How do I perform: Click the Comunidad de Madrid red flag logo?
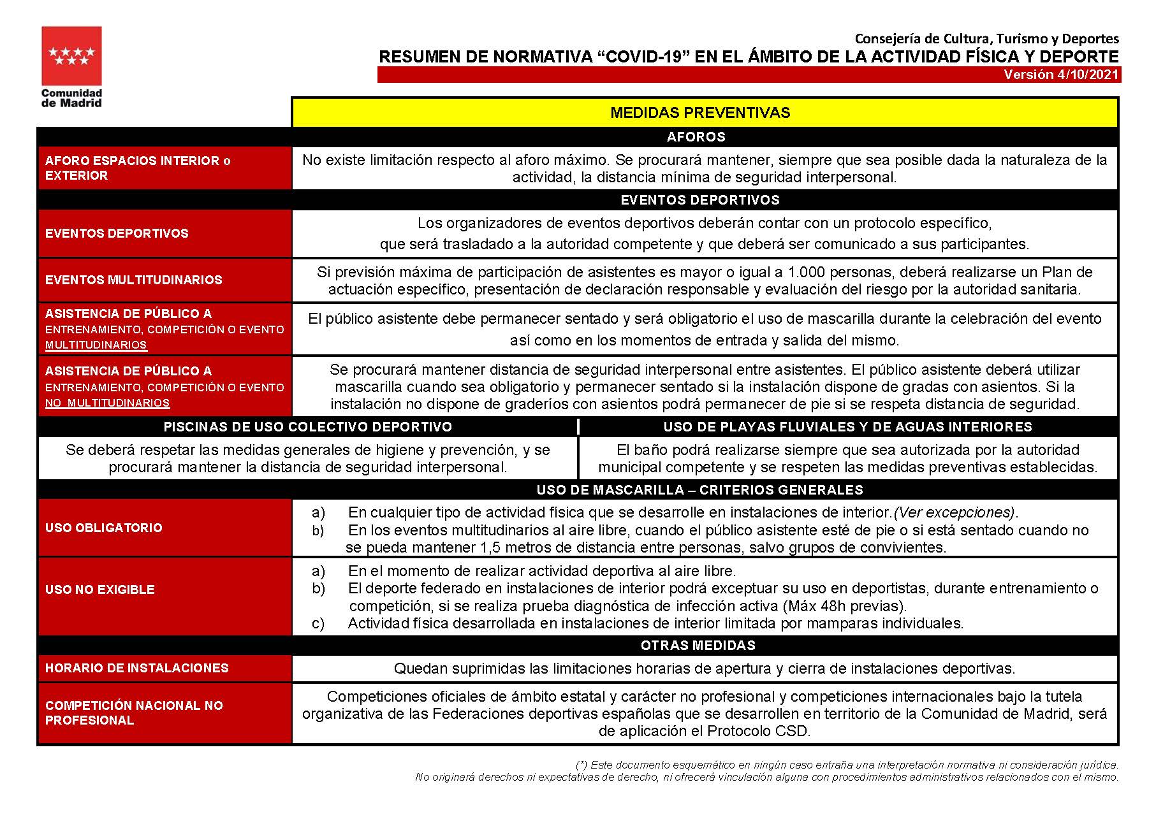tap(71, 56)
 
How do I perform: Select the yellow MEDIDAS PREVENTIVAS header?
tap(700, 113)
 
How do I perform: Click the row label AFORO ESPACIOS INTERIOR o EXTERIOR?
tap(138, 168)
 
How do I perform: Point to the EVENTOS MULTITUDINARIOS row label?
tap(134, 280)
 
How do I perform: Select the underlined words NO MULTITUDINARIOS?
tap(107, 403)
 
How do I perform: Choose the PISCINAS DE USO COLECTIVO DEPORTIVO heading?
tap(308, 427)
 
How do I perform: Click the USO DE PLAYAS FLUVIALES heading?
tap(847, 427)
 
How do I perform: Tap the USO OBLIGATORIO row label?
tap(104, 528)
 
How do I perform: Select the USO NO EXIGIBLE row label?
tap(100, 589)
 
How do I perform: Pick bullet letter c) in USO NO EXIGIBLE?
tap(318, 623)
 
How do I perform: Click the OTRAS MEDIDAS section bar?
tap(698, 646)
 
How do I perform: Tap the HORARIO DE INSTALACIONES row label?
tap(137, 668)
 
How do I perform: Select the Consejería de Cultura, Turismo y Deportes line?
tap(986, 39)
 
